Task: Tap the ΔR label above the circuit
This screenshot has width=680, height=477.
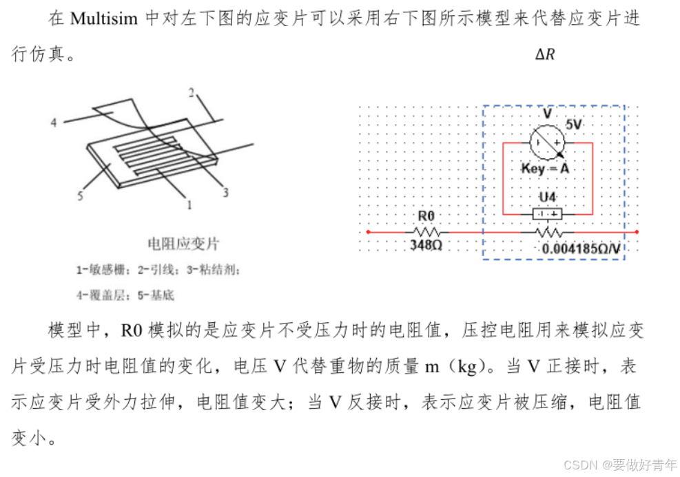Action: (545, 54)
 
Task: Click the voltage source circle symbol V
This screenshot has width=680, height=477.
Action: (547, 142)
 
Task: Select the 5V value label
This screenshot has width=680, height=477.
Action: (574, 125)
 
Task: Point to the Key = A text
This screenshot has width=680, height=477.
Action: (544, 169)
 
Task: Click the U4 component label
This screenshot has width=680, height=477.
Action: (548, 198)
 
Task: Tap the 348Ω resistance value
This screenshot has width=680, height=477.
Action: (426, 245)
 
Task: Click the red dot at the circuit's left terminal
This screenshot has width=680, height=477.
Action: (368, 232)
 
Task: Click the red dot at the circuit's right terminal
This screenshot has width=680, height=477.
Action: (637, 232)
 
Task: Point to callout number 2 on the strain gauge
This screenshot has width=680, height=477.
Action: (192, 92)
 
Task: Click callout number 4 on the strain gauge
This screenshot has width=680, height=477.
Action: (53, 123)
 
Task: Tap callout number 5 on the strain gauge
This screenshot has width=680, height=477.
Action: (81, 196)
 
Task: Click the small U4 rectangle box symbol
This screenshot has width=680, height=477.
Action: (548, 214)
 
